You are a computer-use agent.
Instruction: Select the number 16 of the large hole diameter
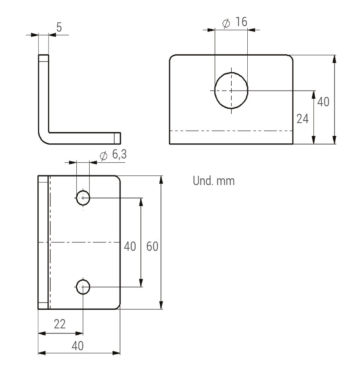coord(241,22)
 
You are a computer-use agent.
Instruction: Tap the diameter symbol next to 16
coord(226,23)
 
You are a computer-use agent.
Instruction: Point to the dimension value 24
coord(302,119)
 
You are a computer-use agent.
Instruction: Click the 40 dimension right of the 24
coord(323,102)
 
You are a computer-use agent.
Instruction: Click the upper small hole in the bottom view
coord(83,197)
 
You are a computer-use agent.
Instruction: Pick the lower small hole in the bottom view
coord(83,287)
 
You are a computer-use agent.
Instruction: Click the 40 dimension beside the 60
coord(130,246)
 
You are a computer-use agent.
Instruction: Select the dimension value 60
coord(152,246)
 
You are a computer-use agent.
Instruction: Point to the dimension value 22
coord(60,324)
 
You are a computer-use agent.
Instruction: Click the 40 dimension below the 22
coord(77,346)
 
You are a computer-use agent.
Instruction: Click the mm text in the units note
coord(225,182)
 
